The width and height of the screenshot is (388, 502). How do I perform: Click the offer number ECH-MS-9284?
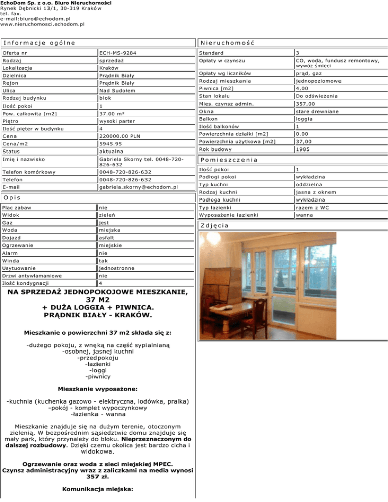(x=118, y=53)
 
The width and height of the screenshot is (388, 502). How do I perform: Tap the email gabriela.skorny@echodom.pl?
(x=139, y=187)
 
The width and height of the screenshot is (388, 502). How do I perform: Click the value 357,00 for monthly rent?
(x=307, y=104)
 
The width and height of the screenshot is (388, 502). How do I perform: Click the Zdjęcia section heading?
(x=214, y=226)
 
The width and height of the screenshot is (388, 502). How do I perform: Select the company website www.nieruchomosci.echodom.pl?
(x=42, y=24)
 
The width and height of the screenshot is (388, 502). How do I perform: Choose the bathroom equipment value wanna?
(x=305, y=215)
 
